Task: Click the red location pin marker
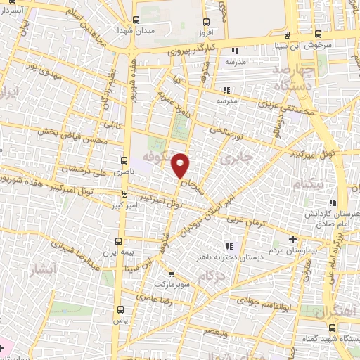[181, 165]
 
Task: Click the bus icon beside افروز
[205, 22]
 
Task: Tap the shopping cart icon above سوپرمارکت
[171, 274]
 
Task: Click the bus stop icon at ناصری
[124, 160]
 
